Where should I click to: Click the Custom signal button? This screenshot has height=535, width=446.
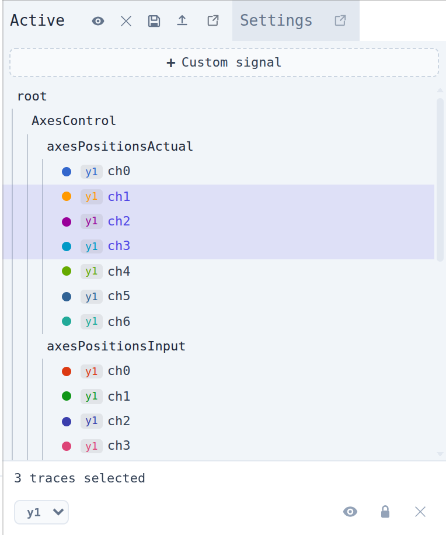coord(224,62)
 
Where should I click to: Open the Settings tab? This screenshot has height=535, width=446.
coord(276,20)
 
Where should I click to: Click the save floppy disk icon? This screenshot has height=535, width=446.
coord(154,21)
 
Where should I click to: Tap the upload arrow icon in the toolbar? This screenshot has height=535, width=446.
coord(182,21)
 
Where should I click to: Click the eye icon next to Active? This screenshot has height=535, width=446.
coord(98,21)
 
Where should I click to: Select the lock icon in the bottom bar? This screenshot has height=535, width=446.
coord(385,512)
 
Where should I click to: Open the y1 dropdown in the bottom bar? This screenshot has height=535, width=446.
coord(41,512)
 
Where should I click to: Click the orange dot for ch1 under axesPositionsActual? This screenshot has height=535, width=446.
coord(67,196)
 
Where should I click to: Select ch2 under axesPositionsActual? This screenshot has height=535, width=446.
coord(119,221)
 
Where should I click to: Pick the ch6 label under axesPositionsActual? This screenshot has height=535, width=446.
coord(119,322)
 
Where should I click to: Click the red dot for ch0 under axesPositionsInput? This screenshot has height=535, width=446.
coord(67,371)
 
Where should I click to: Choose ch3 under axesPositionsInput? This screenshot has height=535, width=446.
coord(119,446)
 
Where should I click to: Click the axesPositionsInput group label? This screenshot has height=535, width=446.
coord(116,346)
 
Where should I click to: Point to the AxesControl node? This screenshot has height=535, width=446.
coord(74,121)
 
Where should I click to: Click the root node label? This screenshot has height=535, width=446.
coord(32,96)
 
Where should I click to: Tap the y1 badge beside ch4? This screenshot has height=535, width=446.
coord(92,272)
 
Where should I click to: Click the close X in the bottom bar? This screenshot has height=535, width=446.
coord(420,512)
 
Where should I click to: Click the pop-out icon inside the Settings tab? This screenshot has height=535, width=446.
coord(340,21)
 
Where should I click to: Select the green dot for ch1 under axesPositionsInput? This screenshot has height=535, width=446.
coord(67,396)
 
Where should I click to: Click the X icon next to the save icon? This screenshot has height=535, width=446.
coord(126,21)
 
